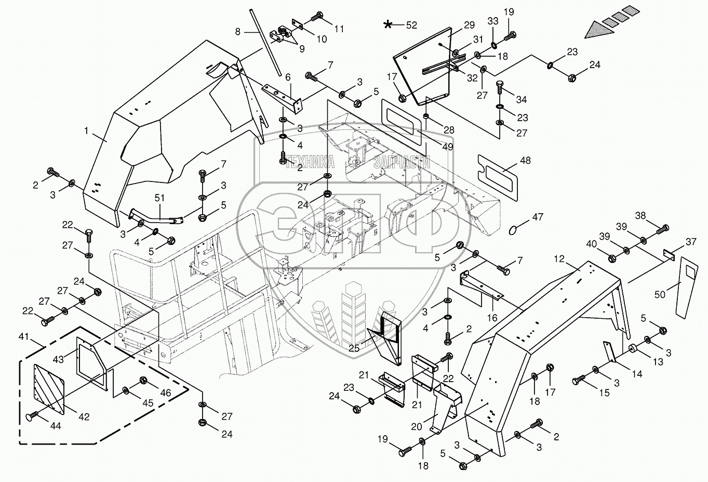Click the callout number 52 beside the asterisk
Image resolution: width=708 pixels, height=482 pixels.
coord(411,24)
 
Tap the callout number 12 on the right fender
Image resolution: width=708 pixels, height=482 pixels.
coord(558,258)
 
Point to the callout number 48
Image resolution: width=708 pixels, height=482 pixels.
coord(525,161)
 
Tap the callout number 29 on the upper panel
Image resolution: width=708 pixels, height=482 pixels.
coord(469,24)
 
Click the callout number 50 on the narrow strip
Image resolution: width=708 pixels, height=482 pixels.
coord(660,295)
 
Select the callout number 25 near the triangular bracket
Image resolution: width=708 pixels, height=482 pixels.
coord(354,348)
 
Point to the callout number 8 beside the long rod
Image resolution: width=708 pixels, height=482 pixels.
coord(238,31)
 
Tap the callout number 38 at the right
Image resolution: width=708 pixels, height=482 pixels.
coord(640,215)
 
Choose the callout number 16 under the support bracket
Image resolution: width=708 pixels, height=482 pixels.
coord(492,317)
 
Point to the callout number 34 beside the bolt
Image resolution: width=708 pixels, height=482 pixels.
coord(521,99)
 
